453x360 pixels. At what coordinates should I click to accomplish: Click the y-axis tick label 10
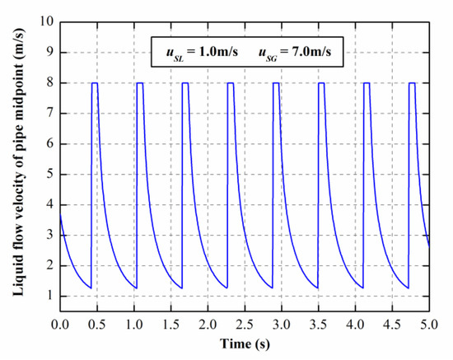point(46,21)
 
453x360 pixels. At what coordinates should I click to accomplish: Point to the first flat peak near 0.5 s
point(95,83)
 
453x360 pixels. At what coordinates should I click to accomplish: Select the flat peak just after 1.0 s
point(140,83)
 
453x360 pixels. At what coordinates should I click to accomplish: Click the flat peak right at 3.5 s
point(321,83)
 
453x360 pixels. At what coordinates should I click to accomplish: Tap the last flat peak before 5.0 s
point(412,83)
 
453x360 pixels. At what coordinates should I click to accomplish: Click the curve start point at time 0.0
point(60,214)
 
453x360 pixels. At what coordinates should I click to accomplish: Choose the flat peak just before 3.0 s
point(276,83)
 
